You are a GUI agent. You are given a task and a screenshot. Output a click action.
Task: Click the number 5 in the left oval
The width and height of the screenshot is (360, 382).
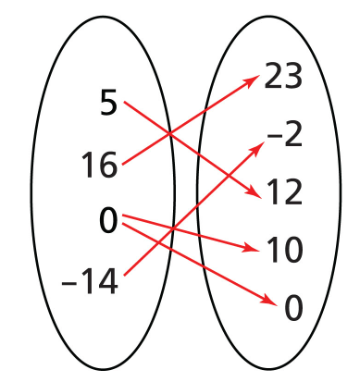(108, 102)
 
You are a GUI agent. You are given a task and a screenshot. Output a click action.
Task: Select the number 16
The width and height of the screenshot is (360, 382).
(99, 165)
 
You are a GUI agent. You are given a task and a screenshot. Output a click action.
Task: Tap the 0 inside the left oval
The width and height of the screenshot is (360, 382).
(108, 220)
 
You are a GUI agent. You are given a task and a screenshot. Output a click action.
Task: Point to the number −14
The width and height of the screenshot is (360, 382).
(90, 281)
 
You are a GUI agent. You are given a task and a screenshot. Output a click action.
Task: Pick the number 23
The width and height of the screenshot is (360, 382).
(283, 76)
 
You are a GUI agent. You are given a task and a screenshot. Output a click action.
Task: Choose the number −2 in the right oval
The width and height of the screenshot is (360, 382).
(284, 134)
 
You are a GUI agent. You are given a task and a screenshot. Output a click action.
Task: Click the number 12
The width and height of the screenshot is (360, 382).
(284, 192)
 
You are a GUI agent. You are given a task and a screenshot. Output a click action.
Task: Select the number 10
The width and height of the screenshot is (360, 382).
(284, 250)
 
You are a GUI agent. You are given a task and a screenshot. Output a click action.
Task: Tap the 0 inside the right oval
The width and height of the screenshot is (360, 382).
(292, 308)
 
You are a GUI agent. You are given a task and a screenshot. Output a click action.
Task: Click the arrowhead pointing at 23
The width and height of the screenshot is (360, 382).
(252, 80)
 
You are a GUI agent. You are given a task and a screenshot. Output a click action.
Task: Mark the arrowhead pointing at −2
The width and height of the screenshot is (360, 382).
(257, 147)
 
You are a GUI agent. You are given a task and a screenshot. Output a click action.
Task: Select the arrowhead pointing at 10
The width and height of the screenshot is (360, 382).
(251, 247)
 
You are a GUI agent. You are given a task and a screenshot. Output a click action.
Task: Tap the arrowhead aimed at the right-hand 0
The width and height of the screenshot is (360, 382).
(269, 300)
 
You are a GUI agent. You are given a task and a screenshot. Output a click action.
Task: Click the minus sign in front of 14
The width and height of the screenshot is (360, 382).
(68, 283)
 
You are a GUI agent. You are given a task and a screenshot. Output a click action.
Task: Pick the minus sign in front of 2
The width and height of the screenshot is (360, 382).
(272, 136)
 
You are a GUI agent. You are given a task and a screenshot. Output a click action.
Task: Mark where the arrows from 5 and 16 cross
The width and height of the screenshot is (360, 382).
(169, 133)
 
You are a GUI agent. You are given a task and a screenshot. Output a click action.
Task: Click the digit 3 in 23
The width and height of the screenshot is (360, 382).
(293, 76)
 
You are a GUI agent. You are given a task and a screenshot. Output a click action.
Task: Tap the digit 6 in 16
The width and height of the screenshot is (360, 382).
(108, 165)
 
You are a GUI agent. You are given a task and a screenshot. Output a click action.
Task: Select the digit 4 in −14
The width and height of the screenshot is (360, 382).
(108, 281)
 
